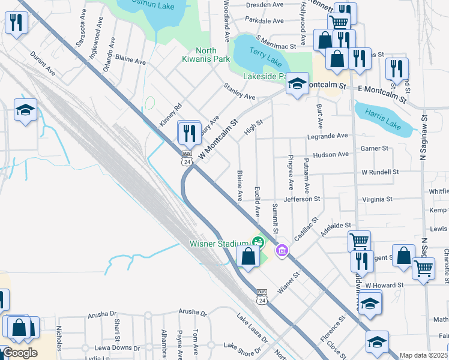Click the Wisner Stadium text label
click(219, 243)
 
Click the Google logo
click(20, 353)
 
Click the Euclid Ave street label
click(257, 200)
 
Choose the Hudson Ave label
click(330, 154)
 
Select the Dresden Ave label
click(265, 4)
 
